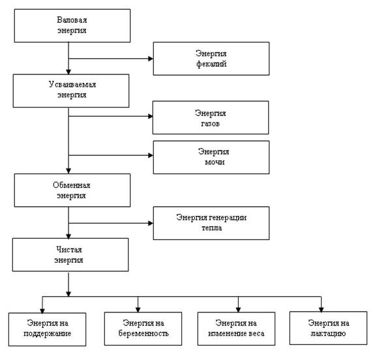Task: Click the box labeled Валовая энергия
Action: point(72,25)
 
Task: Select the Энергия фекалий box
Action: point(211,59)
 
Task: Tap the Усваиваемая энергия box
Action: point(71,91)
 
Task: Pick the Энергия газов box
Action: point(211,117)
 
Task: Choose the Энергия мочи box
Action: point(211,157)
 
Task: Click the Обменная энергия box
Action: point(72,190)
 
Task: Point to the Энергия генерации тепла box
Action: point(211,223)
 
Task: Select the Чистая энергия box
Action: point(70,254)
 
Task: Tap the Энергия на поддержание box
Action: point(47,329)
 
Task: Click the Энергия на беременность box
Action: point(143,329)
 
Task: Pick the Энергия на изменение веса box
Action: point(236,329)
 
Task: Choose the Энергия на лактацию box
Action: point(328,328)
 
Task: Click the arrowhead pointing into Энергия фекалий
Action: point(151,59)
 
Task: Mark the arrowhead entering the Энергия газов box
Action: point(150,116)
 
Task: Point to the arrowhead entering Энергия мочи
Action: point(151,155)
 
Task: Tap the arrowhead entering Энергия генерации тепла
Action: point(151,223)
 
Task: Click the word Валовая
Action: point(72,20)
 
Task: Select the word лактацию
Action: point(328,333)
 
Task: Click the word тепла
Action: point(212,228)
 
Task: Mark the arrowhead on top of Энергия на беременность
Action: point(138,310)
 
